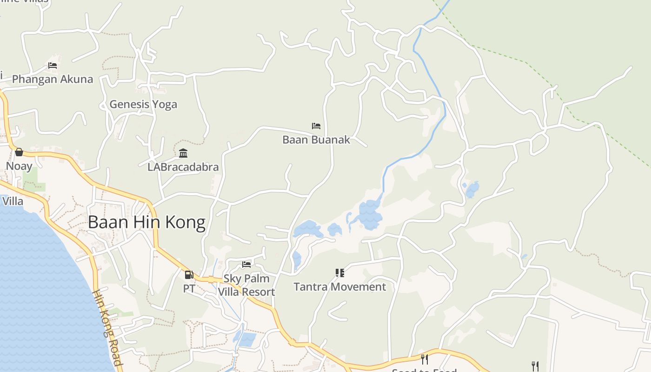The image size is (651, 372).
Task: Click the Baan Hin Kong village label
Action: [146, 222]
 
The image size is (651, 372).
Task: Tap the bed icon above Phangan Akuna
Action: [53, 66]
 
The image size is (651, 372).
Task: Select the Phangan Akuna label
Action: [53, 79]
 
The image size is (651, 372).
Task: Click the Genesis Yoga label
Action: [143, 104]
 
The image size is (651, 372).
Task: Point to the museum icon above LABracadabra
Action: [183, 153]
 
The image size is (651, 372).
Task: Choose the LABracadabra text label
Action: [183, 167]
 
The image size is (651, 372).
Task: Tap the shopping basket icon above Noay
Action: [19, 152]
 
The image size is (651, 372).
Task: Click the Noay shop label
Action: [19, 166]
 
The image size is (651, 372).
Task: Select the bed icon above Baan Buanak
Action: [316, 126]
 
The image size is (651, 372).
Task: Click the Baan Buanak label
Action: [316, 139]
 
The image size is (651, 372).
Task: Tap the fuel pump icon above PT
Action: [189, 275]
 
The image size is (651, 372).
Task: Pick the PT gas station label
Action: [189, 288]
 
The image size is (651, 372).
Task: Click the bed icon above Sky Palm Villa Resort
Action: [246, 265]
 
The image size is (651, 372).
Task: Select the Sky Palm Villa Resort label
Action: [247, 285]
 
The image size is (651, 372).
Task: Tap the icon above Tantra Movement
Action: [339, 273]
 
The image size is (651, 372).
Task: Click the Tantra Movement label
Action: [339, 287]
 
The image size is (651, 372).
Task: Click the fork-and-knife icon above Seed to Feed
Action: [424, 359]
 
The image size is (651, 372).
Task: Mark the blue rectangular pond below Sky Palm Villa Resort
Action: [246, 339]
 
